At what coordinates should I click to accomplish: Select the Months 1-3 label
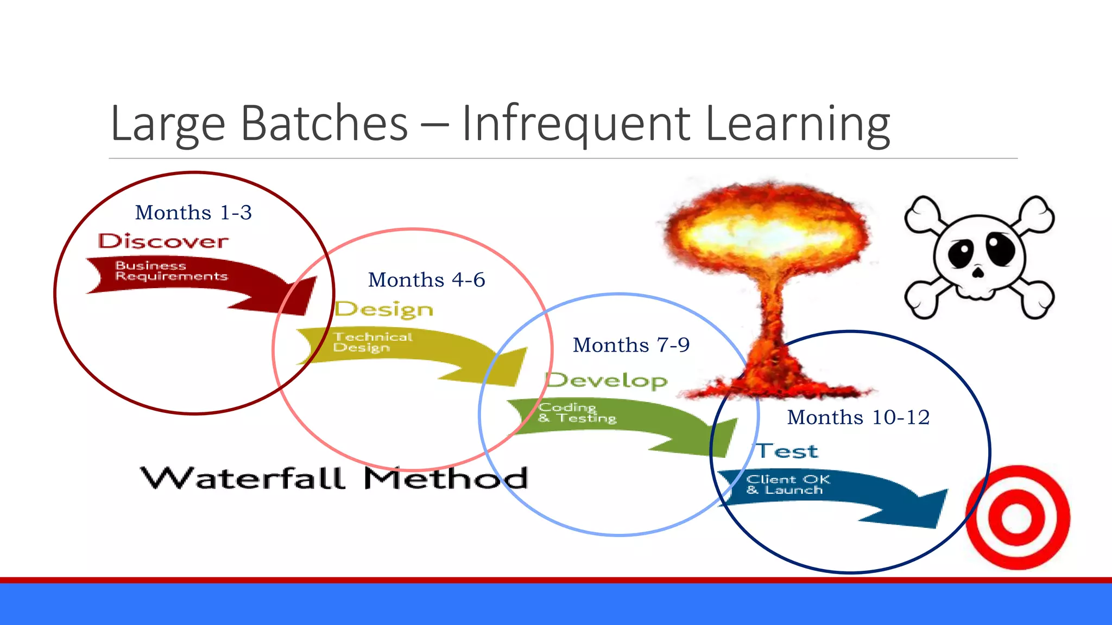coord(193,213)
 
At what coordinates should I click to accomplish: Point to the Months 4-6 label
coord(426,280)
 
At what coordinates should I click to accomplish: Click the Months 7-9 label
coord(631,345)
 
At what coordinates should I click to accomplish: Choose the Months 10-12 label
coord(858,417)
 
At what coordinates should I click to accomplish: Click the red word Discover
coord(163,241)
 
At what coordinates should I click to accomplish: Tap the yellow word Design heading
coord(384,309)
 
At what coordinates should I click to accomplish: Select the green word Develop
coord(606,380)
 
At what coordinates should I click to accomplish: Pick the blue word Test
coord(787,451)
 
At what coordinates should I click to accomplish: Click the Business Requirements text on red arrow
coord(170,271)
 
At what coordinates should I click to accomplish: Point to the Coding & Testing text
coord(577,413)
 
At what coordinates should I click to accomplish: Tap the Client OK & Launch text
coord(787,484)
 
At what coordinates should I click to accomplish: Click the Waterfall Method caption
coord(333,479)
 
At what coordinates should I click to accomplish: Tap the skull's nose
coord(978,271)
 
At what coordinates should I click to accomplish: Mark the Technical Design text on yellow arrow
coord(372,342)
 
